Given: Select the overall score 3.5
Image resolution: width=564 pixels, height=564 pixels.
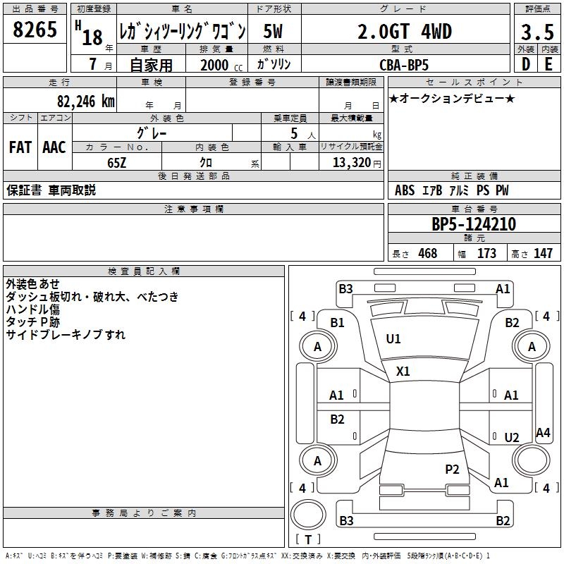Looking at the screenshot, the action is point(537,32).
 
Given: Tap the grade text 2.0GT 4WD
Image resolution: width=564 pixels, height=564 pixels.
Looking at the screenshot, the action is point(404,32).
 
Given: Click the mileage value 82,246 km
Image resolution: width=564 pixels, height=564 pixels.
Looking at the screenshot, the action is point(85,101).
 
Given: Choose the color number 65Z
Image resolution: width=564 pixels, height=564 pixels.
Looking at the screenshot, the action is point(116,161).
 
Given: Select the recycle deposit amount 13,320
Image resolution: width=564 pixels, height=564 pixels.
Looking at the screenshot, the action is point(350,162).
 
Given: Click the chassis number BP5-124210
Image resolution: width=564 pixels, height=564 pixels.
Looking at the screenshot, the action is point(474,224).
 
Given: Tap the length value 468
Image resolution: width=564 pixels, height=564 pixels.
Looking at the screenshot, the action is point(427,253).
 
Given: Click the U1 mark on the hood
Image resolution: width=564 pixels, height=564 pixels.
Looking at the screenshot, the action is point(393,339).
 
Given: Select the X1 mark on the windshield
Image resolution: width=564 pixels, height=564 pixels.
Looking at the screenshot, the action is point(403,371).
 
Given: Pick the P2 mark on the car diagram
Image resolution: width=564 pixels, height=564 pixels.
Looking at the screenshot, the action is point(452,468).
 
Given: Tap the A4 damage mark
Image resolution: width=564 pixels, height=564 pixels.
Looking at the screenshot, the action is point(543,433).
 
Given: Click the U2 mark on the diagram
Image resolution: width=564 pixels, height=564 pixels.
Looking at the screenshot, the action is point(512,437).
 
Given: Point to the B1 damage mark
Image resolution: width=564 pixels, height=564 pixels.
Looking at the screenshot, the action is point(338,323).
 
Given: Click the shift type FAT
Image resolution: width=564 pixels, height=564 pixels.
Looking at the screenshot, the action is point(20,147).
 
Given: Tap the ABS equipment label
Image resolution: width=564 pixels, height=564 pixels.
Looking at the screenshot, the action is point(405,190).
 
